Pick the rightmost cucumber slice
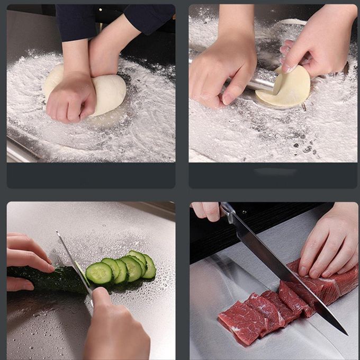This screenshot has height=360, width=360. (x=150, y=266)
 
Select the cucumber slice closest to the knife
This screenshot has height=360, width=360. (x=99, y=273)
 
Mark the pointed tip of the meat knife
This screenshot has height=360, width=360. (x=346, y=333)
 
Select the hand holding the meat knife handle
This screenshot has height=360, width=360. (x=206, y=210)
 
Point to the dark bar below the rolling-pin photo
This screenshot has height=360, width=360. (x=273, y=175)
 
